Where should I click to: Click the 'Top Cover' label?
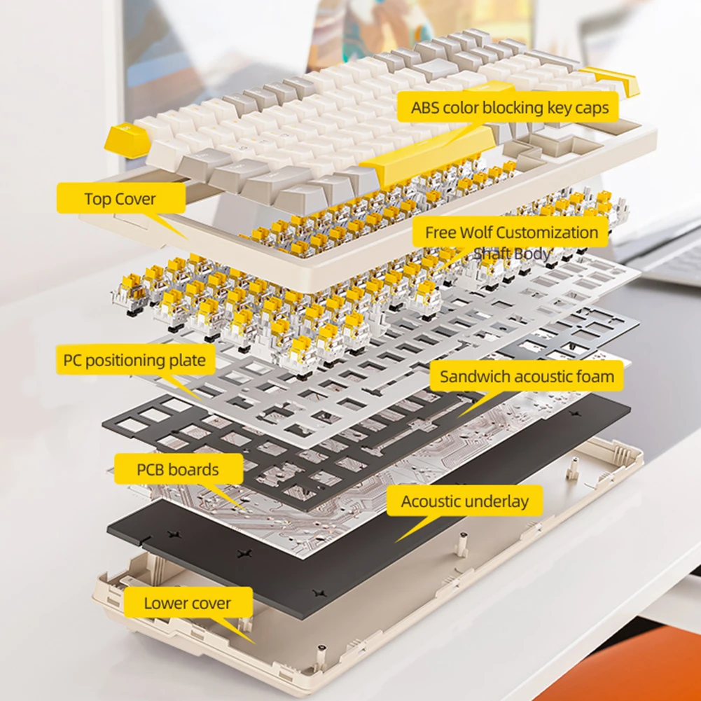(120, 198)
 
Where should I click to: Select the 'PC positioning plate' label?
(134, 360)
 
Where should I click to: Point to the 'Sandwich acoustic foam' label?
(527, 377)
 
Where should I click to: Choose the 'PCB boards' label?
(178, 469)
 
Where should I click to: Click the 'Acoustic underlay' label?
(465, 501)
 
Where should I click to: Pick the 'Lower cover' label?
(187, 603)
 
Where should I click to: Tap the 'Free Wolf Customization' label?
(511, 232)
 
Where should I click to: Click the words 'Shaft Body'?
(512, 254)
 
